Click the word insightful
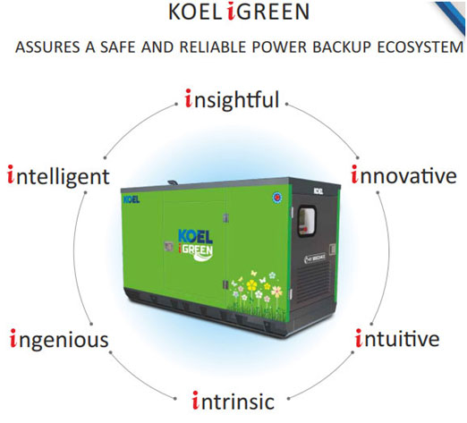232,100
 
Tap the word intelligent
58,176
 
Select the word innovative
403,174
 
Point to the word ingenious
59,340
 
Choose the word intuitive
397,338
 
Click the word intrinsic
233,401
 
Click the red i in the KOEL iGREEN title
232,12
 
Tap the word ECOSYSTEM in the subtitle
420,47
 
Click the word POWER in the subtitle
279,47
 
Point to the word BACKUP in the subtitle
342,47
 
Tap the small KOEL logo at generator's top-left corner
132,199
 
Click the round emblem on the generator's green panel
277,198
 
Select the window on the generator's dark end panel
307,221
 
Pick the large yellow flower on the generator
252,285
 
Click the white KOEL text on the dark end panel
318,191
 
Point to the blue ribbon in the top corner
451,16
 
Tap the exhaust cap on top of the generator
173,182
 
